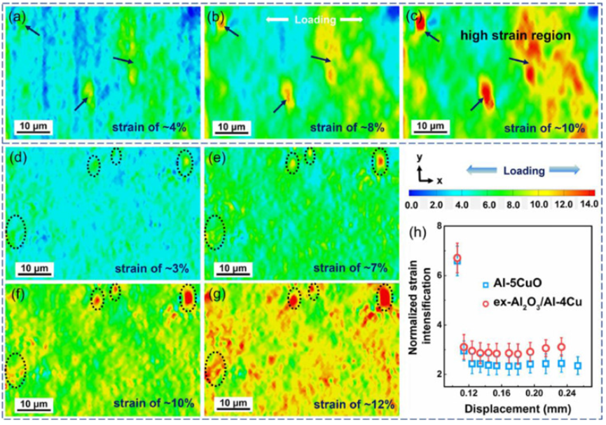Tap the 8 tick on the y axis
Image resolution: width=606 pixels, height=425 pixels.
(440, 226)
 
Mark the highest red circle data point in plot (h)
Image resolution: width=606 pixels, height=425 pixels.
(457, 258)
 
